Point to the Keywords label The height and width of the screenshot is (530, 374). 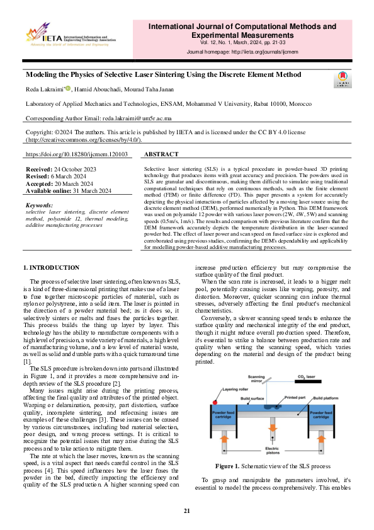40,205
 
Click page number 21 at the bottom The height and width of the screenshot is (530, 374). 187,510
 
